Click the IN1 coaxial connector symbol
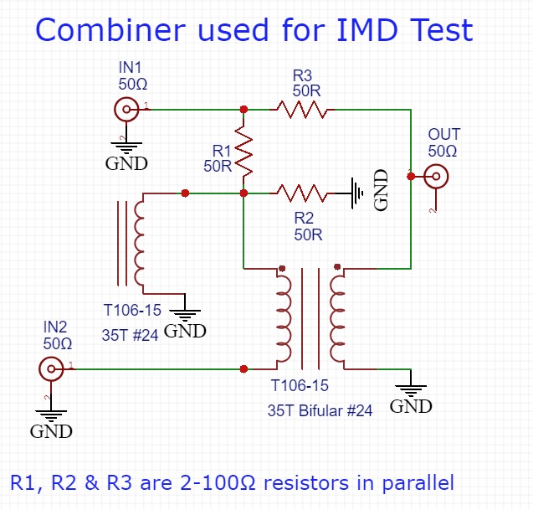(x=126, y=109)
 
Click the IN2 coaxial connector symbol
(x=52, y=368)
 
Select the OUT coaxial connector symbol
(x=436, y=176)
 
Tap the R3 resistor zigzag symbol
(x=302, y=109)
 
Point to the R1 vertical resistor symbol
(x=243, y=152)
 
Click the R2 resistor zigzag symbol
(x=301, y=193)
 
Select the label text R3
(x=302, y=74)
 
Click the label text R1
(x=222, y=150)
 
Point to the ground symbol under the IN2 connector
(x=51, y=414)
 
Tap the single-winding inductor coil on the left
(x=139, y=244)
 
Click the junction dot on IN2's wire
(x=243, y=368)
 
